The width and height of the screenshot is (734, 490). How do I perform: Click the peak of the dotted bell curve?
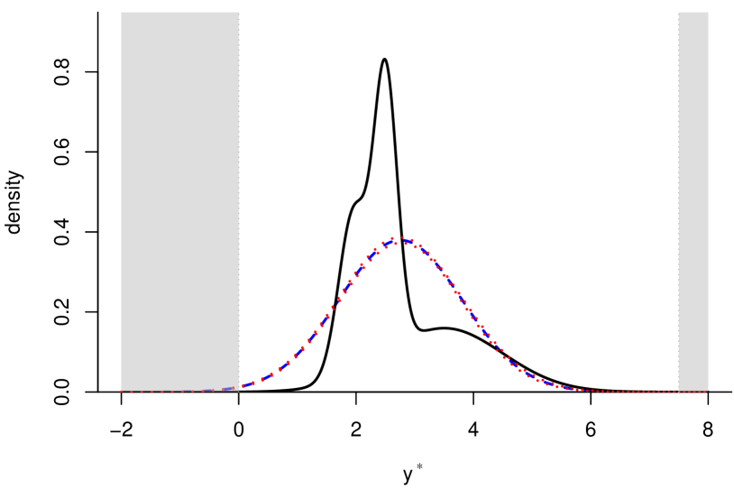[x=397, y=239]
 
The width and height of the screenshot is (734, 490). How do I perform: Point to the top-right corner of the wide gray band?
[x=239, y=12]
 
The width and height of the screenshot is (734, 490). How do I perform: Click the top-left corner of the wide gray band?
[x=122, y=12]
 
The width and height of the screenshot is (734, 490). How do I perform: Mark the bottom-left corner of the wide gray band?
[x=122, y=391]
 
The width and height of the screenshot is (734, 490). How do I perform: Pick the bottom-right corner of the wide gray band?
[x=239, y=391]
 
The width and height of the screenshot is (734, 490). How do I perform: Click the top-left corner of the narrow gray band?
[x=678, y=12]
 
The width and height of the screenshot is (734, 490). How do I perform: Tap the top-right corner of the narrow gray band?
[x=708, y=12]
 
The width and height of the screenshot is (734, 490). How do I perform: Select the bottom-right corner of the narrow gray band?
[x=708, y=391]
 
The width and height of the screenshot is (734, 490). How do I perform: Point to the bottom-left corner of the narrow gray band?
[x=678, y=391]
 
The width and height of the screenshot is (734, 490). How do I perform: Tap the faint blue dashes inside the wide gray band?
[x=216, y=390]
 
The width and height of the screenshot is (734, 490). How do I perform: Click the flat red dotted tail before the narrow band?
[x=631, y=391]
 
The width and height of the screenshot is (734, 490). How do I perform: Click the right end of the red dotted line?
[x=707, y=391]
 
